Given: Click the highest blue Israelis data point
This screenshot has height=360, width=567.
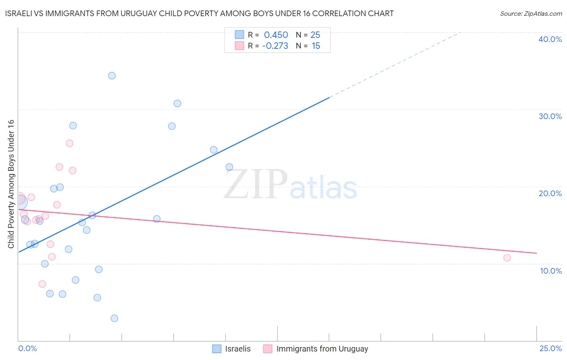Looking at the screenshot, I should click(x=112, y=76).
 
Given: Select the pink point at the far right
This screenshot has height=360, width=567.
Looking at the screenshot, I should click(x=507, y=258).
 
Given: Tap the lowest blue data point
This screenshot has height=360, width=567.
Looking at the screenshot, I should click(x=115, y=318).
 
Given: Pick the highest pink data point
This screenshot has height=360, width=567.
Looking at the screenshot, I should click(x=69, y=143).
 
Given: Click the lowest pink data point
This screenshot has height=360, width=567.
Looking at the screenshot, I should click(x=42, y=284).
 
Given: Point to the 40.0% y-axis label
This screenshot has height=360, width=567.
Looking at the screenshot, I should click(x=550, y=39).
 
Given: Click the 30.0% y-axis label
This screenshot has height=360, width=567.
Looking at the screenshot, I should click(x=550, y=116).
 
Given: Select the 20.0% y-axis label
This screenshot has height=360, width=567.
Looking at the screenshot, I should click(x=550, y=193).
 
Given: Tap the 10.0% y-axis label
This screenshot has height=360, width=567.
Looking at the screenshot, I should click(x=551, y=271).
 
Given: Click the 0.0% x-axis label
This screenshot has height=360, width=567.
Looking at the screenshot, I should click(x=27, y=348).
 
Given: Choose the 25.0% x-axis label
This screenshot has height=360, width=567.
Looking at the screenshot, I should click(x=550, y=348).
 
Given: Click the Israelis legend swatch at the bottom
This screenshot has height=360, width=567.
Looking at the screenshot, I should click(x=217, y=349).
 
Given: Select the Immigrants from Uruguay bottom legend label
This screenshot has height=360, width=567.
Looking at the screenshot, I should click(x=322, y=349).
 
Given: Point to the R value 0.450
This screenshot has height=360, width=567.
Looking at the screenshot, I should click(x=276, y=35).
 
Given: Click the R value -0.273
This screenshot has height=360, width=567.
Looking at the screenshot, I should click(x=275, y=46).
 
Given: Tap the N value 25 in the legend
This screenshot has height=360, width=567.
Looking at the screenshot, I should click(x=315, y=35).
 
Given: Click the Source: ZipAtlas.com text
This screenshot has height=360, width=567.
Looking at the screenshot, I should click(x=531, y=14).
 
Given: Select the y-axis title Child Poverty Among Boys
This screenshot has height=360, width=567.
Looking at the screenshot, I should click(x=11, y=184).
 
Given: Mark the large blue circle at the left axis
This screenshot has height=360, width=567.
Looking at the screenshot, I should click(x=19, y=201).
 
